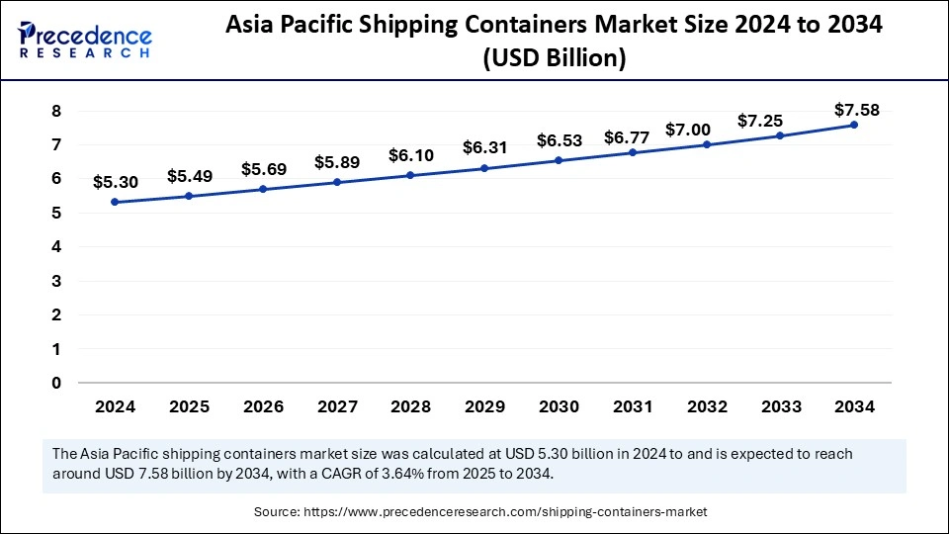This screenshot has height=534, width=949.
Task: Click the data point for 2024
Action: (x=115, y=202)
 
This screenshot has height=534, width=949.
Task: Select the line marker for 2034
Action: (x=853, y=125)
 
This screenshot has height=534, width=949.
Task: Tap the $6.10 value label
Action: (x=410, y=156)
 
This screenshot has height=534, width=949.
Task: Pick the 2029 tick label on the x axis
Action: (x=484, y=406)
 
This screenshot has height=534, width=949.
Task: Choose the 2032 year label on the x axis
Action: (x=706, y=406)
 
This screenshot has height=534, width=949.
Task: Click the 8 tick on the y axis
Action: (x=56, y=111)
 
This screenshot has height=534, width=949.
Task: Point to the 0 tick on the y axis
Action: (x=56, y=383)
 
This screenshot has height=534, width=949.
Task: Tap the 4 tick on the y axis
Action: (x=56, y=247)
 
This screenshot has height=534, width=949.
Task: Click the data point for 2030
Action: (x=559, y=160)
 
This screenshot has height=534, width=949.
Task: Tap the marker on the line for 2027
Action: (x=336, y=182)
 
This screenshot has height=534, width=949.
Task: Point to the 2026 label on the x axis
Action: (x=262, y=406)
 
